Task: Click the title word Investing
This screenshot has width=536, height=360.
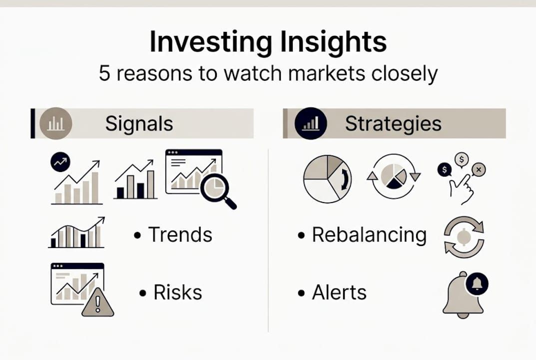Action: (204, 43)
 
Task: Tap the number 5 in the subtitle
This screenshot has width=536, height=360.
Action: (104, 74)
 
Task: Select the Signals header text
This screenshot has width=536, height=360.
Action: (139, 124)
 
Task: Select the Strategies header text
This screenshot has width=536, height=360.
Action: (393, 124)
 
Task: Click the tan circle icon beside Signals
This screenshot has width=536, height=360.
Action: (55, 123)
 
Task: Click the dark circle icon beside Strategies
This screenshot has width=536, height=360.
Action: (311, 123)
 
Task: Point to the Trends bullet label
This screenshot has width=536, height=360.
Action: (180, 234)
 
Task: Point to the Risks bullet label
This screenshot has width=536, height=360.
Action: (178, 292)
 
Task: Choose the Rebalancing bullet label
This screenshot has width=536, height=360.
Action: (369, 234)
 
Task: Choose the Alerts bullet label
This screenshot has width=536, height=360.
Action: (339, 292)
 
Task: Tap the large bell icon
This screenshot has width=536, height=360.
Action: (462, 297)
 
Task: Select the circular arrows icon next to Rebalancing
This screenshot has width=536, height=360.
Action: (464, 237)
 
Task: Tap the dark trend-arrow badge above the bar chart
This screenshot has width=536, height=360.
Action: (61, 162)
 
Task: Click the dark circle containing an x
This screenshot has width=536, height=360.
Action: (479, 170)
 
